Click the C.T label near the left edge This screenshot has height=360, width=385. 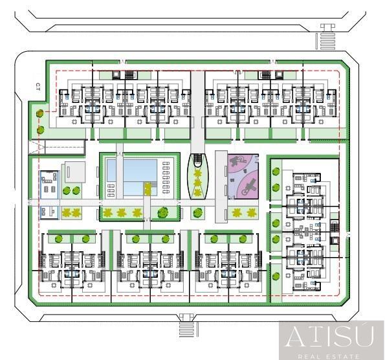click(x=38, y=87)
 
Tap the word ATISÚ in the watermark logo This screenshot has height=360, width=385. click(x=330, y=336)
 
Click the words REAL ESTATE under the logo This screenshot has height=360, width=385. click(x=328, y=356)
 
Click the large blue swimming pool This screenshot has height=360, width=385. click(x=133, y=177)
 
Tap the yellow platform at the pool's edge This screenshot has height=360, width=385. click(x=148, y=188)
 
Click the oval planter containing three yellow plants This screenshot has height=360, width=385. click(x=197, y=176)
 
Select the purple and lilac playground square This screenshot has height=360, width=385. click(x=243, y=176)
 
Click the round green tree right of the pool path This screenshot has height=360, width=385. click(x=162, y=212)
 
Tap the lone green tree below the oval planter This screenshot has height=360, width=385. click(x=197, y=213)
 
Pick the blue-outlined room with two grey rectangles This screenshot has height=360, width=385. click(x=49, y=185)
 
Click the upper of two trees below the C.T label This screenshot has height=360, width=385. click(x=40, y=113)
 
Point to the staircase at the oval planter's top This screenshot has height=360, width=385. click(x=197, y=159)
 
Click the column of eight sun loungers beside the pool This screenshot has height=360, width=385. click(x=166, y=177)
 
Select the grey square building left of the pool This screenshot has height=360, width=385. click(x=75, y=172)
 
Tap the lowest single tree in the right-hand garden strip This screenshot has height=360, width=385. click(x=276, y=276)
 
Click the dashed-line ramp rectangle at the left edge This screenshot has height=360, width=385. click(x=57, y=147)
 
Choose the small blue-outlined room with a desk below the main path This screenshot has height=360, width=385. click(x=49, y=213)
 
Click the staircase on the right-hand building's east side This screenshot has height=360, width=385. click(x=335, y=226)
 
